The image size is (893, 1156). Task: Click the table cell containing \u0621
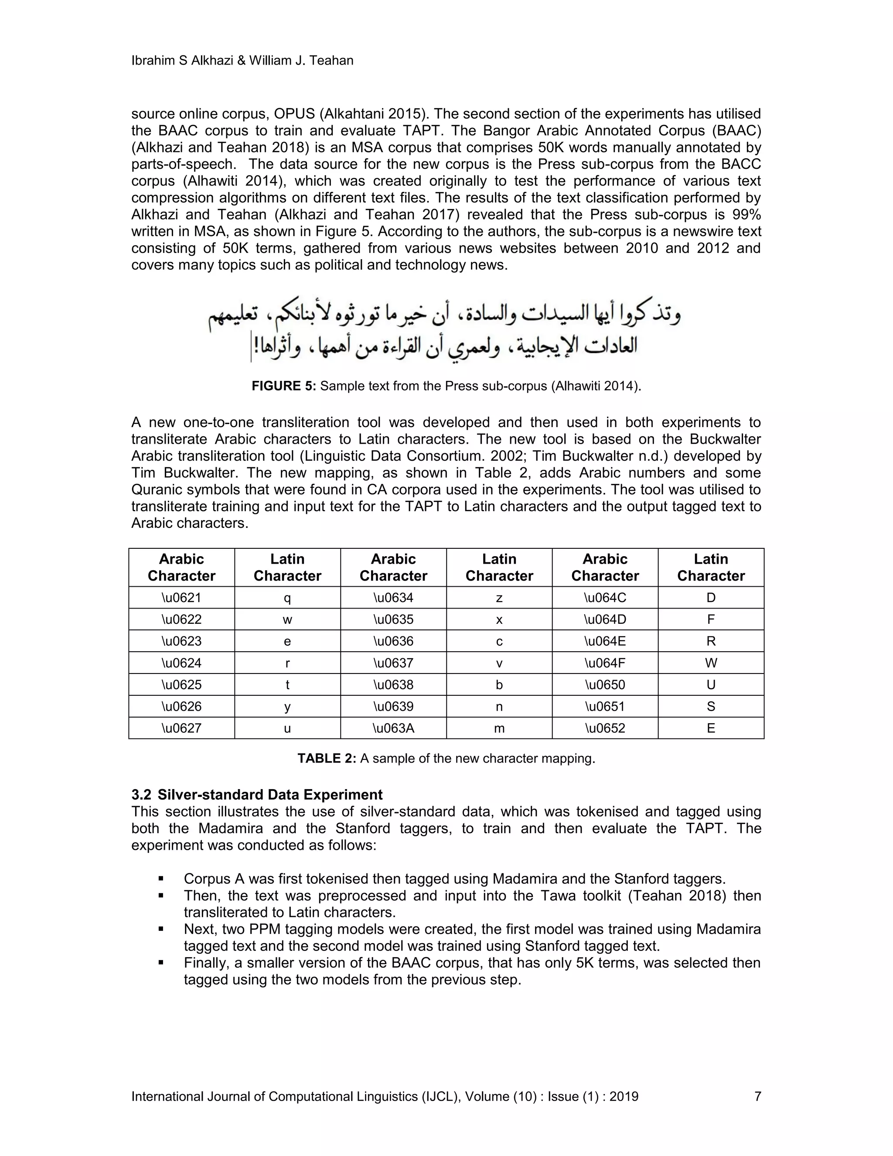click(x=181, y=598)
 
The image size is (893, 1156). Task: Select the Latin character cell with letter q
click(x=287, y=598)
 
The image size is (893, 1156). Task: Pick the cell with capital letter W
click(x=710, y=663)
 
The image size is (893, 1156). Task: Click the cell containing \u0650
click(x=605, y=684)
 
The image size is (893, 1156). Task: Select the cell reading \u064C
click(x=605, y=598)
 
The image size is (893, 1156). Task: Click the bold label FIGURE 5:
click(x=283, y=386)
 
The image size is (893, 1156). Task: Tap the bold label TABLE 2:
click(x=327, y=759)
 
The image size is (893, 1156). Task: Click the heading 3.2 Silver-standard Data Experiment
click(x=257, y=794)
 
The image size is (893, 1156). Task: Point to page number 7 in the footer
click(x=757, y=1096)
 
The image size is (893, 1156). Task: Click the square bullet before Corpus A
click(x=160, y=879)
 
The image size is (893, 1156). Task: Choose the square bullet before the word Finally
click(x=160, y=963)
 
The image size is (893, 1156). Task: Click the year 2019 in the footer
click(x=624, y=1096)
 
